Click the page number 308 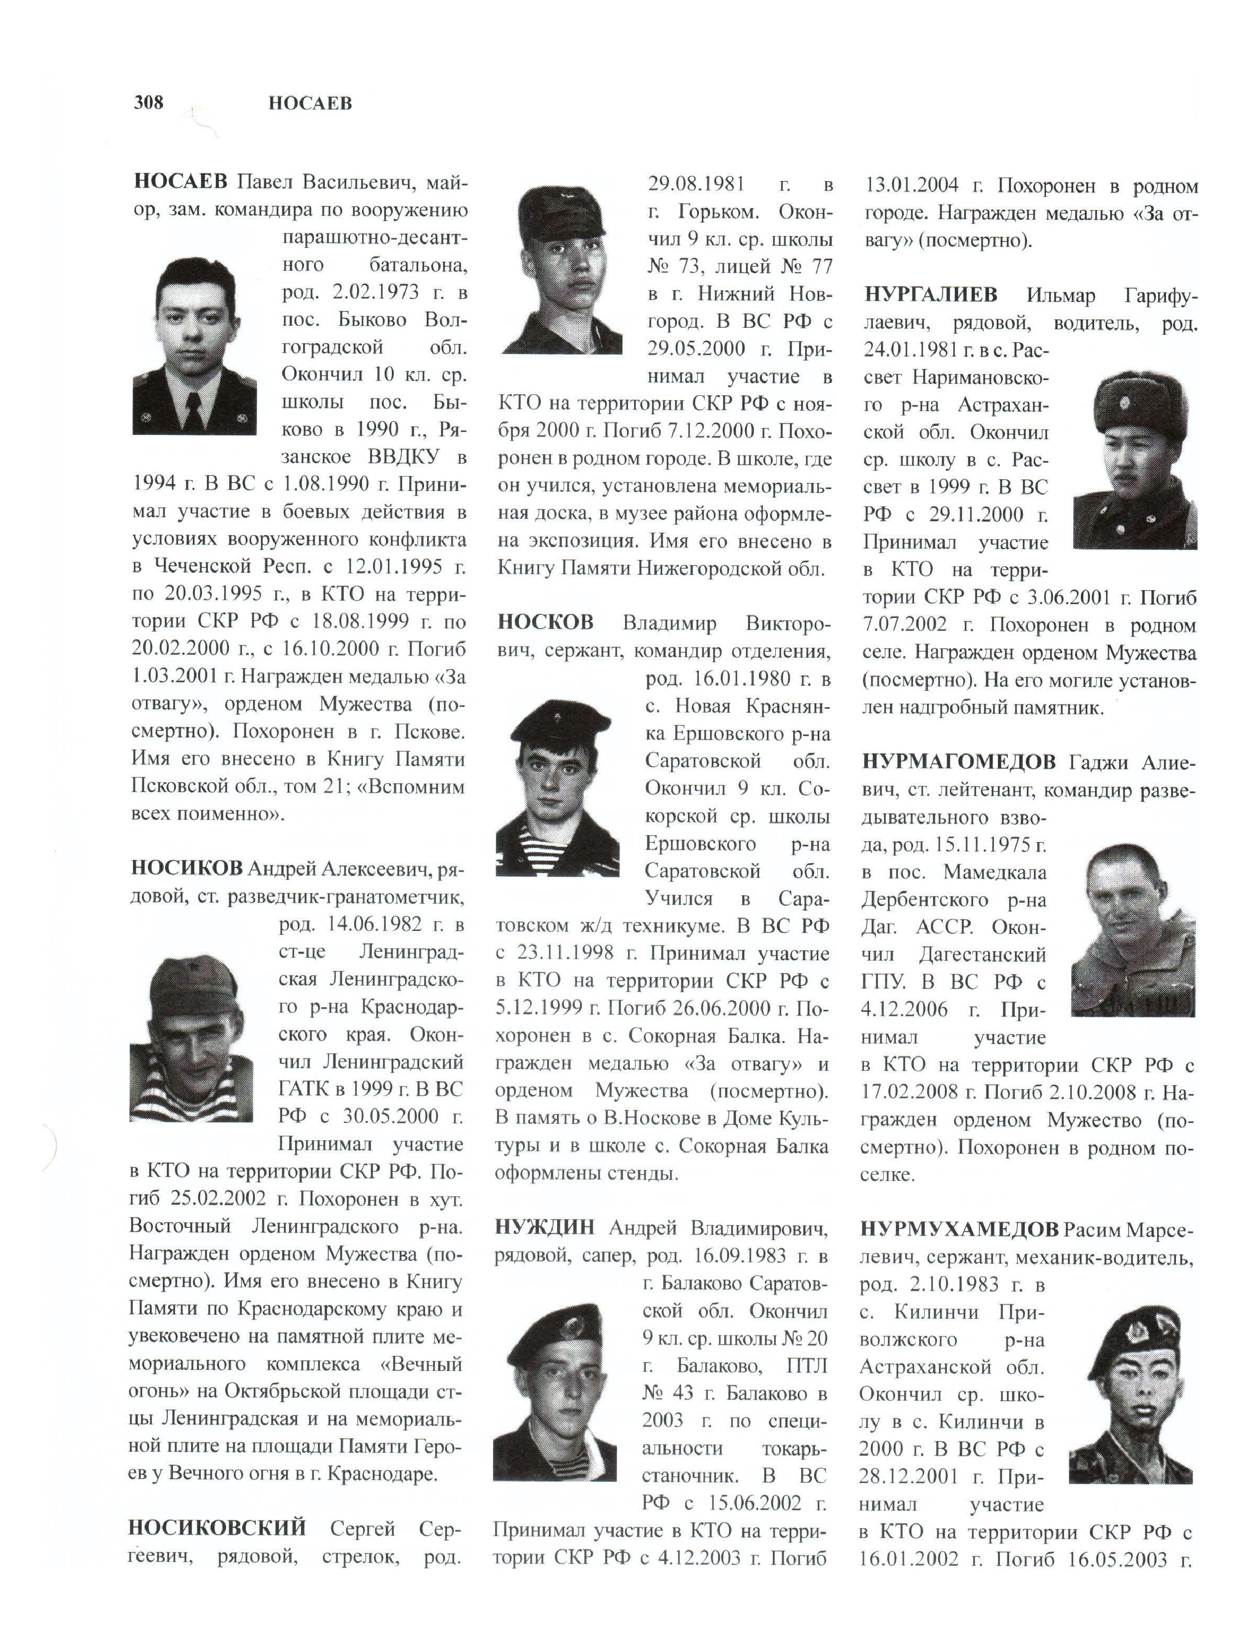click(x=149, y=102)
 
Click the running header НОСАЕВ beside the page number click(x=310, y=104)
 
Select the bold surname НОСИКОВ click(x=186, y=867)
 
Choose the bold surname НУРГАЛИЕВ click(x=930, y=295)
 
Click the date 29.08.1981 click(x=696, y=184)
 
